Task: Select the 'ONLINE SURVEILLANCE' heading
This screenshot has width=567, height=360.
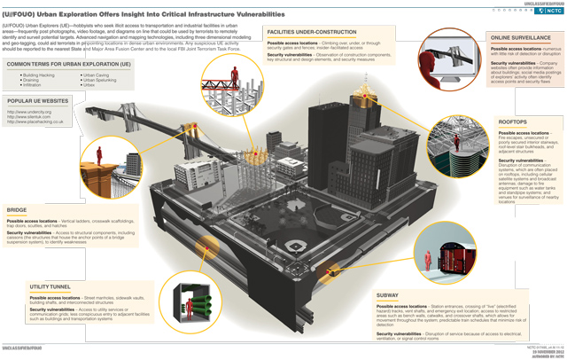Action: (522, 38)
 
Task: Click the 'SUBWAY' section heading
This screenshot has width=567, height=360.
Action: (388, 293)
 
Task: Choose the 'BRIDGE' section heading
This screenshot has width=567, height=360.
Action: (17, 210)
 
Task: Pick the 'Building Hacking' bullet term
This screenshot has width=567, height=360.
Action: (41, 76)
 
